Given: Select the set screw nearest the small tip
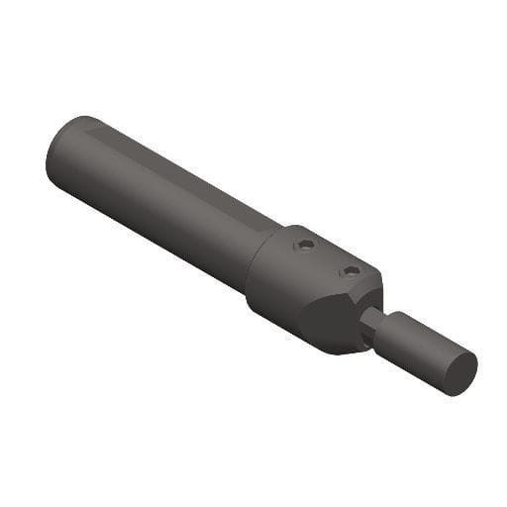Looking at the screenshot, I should pos(351,270).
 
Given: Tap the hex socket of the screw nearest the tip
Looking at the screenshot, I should pos(351,270).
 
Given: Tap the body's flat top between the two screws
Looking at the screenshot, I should pos(328,257).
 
